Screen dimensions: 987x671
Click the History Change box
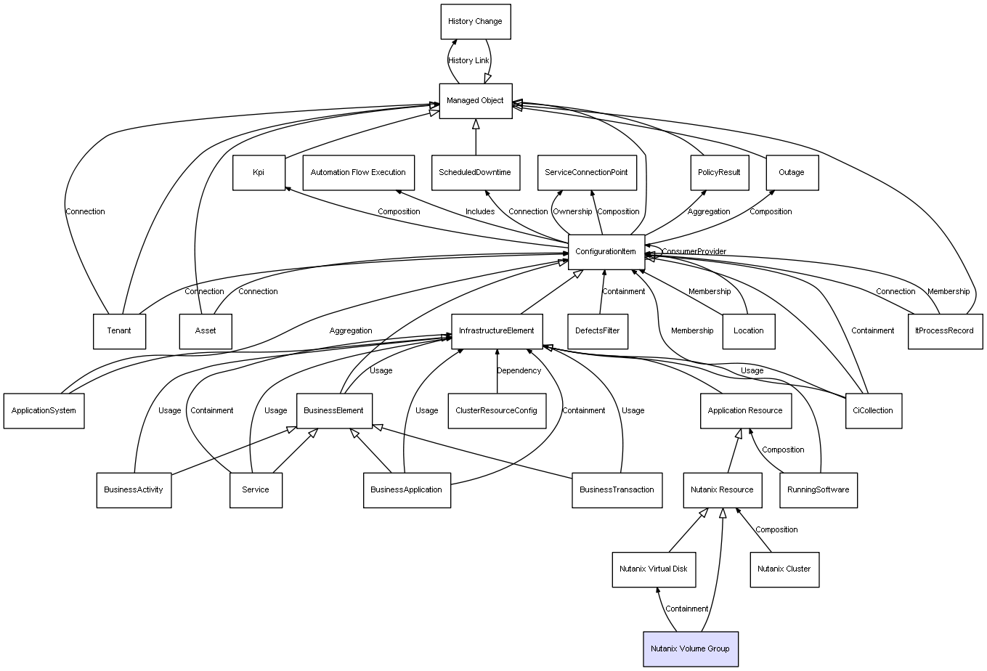[476, 22]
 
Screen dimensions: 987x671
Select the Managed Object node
[476, 101]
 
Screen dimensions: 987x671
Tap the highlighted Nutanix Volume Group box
[691, 649]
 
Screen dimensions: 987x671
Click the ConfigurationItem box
[606, 252]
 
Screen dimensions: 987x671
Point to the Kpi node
[259, 173]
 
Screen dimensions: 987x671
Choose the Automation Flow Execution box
[358, 173]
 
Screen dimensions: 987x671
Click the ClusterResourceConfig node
[497, 410]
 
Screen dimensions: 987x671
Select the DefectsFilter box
[598, 331]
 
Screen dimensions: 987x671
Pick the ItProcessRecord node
[945, 331]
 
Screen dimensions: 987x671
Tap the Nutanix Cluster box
[784, 569]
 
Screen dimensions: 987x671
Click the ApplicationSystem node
[44, 410]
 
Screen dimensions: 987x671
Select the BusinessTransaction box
[617, 490]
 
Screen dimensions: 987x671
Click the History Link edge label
[468, 61]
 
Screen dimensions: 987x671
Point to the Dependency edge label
[519, 371]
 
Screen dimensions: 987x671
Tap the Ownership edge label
[572, 212]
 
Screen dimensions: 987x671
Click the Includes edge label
[480, 212]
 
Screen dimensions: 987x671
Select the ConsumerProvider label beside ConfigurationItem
[694, 251]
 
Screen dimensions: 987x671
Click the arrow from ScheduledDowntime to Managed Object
[476, 137]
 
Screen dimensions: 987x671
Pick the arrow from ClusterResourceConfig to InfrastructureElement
[497, 371]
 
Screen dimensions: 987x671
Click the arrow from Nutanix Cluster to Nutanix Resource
[753, 529]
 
